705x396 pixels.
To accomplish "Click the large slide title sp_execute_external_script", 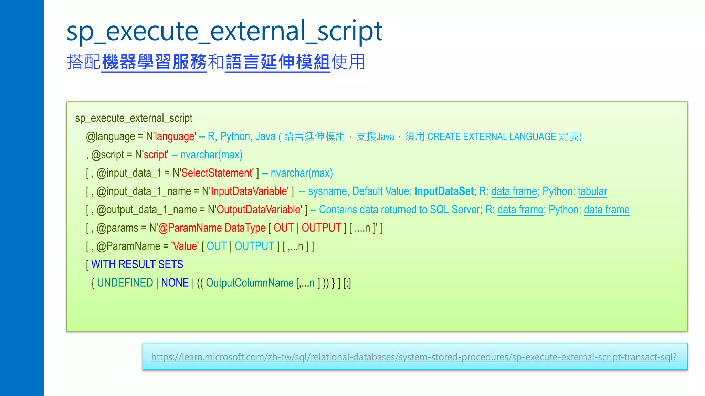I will [224, 32].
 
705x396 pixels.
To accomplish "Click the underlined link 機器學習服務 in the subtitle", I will [154, 62].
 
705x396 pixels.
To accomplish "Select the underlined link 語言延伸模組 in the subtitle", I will [277, 62].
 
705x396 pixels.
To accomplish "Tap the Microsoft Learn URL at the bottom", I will [414, 357].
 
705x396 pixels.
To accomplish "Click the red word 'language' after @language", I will [175, 136].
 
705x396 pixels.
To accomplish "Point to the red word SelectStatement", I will [217, 173].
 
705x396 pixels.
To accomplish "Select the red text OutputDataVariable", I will [259, 210].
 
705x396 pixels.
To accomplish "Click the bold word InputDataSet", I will [444, 191].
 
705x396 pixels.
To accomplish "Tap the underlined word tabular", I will [592, 191].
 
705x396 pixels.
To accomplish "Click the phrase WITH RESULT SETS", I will [137, 264].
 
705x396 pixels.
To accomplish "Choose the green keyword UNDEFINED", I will [125, 283].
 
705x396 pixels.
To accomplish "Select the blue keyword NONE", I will [175, 283].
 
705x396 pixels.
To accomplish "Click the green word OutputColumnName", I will [250, 283].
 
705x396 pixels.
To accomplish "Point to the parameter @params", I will [117, 228].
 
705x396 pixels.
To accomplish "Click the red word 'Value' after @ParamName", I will [185, 246].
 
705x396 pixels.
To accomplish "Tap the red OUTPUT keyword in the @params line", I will [321, 228].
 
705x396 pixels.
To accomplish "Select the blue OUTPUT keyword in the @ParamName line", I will [254, 246].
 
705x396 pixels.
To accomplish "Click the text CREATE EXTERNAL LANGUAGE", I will [492, 136].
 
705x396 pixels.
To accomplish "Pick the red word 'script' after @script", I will [155, 155].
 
